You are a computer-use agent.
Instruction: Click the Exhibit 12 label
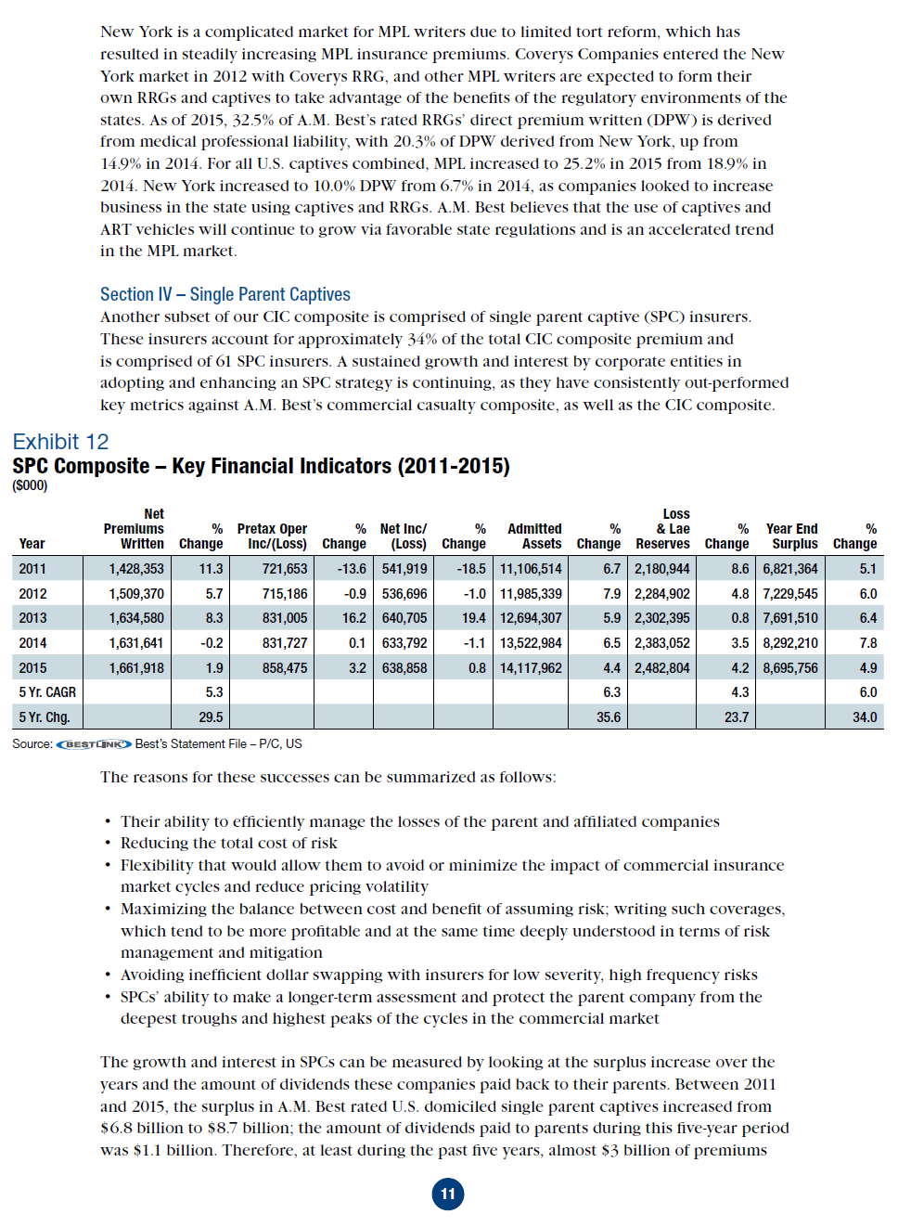point(60,442)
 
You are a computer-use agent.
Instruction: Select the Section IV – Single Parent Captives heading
point(224,294)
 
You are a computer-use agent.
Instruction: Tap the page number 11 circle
point(448,1194)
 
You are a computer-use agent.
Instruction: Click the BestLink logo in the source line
point(94,744)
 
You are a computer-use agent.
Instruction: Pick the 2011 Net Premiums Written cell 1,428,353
point(135,569)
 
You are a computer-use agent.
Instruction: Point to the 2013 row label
point(32,618)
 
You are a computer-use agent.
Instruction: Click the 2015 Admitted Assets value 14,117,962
point(531,668)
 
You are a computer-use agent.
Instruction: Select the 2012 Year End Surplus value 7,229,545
point(790,594)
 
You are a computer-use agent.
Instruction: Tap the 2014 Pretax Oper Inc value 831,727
point(277,643)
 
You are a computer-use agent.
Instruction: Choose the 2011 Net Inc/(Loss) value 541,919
point(404,569)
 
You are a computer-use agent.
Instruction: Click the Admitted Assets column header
point(534,536)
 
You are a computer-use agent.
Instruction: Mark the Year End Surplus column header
point(792,536)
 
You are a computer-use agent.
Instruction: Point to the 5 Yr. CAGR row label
point(47,692)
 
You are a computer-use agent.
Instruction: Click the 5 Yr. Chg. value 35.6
point(609,717)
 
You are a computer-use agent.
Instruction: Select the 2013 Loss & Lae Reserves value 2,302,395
point(662,618)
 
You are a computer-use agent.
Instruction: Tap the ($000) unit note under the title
point(30,485)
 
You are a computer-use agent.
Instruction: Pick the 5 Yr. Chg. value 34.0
point(865,717)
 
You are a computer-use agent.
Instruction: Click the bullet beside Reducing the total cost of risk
point(109,844)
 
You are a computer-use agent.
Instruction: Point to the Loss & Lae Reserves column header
point(664,529)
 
